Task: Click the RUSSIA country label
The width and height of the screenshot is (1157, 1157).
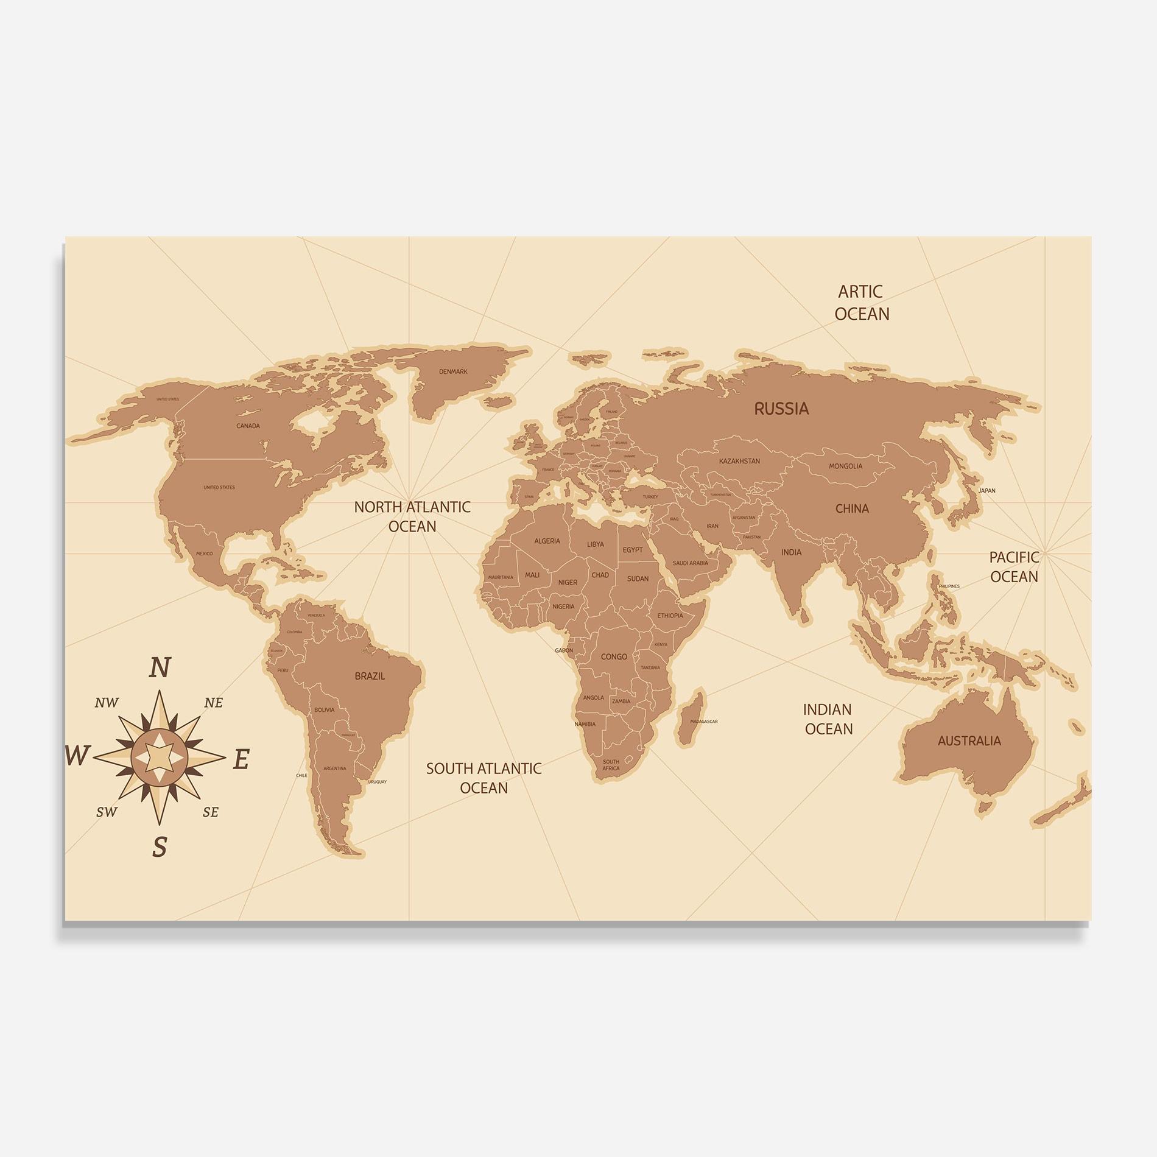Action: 781,409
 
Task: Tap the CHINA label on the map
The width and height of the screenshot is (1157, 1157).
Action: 852,508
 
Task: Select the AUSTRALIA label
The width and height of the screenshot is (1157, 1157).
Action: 969,741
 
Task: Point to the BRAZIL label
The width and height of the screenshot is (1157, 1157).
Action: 370,676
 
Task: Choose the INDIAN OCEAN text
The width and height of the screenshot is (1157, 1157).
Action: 828,719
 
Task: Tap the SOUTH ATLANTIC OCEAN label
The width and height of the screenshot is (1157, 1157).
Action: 484,778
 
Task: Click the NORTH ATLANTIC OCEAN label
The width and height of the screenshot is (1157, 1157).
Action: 412,516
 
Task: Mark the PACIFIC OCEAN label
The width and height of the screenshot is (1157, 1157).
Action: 1014,567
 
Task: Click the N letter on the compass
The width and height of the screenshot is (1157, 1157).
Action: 160,668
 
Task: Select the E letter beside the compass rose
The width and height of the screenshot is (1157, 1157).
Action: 241,759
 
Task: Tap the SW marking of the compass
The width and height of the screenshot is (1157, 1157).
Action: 107,812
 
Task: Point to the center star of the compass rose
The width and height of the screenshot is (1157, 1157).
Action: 160,758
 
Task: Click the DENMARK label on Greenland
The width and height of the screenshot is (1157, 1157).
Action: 453,371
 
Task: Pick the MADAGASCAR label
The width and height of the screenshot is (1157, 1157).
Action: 703,722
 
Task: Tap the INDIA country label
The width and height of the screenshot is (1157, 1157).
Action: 791,552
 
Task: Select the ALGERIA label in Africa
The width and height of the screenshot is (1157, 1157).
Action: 547,541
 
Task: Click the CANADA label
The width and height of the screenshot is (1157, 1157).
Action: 248,426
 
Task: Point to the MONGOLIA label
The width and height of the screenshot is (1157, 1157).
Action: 845,466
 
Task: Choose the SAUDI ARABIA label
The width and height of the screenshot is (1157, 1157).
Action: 690,563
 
